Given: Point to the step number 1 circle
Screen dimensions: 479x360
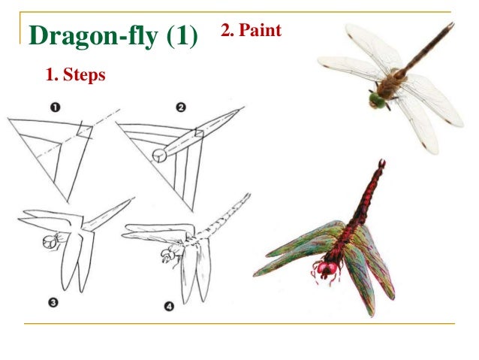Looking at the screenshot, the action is (x=55, y=107).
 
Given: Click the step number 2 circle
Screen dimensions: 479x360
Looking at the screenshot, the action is (x=181, y=107).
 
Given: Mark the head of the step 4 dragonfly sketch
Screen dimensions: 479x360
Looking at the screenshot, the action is (x=166, y=256).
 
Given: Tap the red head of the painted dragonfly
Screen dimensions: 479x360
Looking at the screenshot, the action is (x=327, y=268).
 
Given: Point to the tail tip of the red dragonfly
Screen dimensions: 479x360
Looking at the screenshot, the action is (x=382, y=162).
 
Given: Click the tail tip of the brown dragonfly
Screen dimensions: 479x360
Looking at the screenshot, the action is (x=451, y=25).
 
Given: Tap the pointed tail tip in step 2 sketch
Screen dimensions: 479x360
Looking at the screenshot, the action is (x=242, y=110).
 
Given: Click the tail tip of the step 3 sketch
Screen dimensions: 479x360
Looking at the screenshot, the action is (x=133, y=199).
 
